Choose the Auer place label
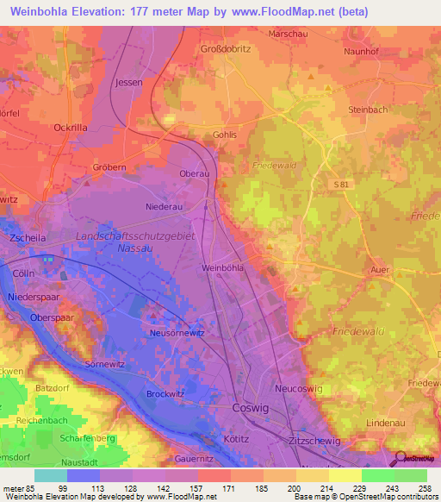381,270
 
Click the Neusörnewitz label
176,332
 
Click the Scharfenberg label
88,438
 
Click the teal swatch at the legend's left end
51,476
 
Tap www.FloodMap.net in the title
288,11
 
